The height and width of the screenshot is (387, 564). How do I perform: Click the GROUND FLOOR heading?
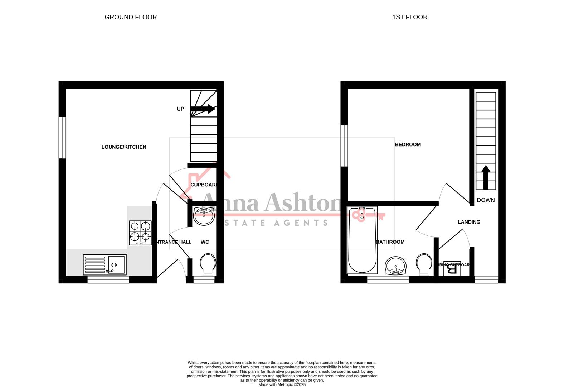(131, 17)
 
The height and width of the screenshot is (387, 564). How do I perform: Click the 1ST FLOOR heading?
(410, 17)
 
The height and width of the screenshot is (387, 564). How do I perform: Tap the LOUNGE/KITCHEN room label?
(124, 147)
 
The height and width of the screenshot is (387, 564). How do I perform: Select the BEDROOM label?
(408, 145)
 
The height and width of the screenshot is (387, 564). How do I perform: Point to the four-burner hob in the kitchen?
(140, 232)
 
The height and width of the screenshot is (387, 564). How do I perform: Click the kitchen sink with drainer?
(104, 264)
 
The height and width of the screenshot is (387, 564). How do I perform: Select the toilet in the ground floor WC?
(208, 264)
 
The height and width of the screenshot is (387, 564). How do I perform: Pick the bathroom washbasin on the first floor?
(395, 266)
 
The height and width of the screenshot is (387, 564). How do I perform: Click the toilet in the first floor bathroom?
(424, 264)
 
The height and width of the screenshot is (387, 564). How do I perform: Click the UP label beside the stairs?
(180, 109)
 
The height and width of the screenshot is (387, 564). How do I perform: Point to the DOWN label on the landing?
(486, 200)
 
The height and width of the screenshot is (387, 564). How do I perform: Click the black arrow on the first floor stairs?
(486, 177)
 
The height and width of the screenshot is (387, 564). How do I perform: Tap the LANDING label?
(469, 222)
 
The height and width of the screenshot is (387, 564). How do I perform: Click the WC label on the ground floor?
(205, 242)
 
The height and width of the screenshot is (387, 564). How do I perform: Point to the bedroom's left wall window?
(344, 145)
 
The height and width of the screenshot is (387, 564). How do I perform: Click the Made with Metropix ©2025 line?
(282, 385)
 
